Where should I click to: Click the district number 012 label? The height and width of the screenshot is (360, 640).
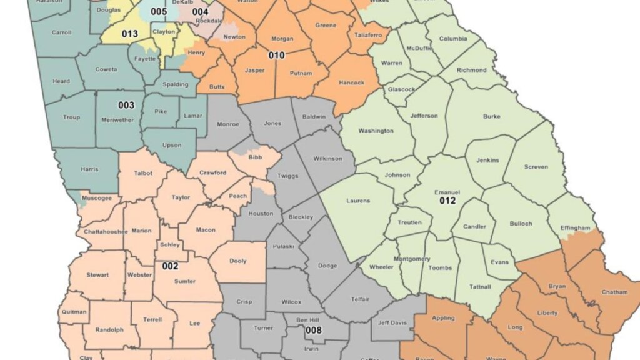click(x=447, y=201)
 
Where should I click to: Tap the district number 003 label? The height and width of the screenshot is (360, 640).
click(x=126, y=105)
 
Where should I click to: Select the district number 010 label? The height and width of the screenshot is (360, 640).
click(x=277, y=55)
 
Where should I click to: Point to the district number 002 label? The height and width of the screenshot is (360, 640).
click(x=171, y=266)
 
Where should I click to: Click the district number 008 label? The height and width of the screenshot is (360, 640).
click(x=313, y=330)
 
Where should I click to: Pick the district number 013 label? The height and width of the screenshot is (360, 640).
click(x=130, y=34)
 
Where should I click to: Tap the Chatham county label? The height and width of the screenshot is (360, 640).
click(x=614, y=292)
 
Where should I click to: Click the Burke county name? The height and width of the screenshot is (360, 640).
click(x=492, y=116)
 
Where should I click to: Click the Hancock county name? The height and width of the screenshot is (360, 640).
click(x=351, y=82)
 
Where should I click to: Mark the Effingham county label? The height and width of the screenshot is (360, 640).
click(x=574, y=228)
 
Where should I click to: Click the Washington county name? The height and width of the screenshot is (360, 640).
click(x=376, y=131)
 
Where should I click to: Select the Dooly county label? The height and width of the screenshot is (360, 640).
click(x=238, y=261)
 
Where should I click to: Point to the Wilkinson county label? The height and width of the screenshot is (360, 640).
click(x=327, y=158)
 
